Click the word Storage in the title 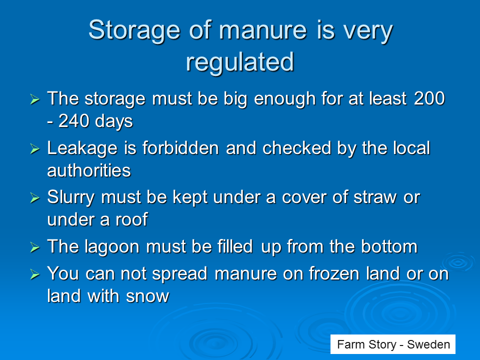(x=134, y=31)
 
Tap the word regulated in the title (x=240, y=62)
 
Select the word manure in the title (x=262, y=30)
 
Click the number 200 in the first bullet (x=429, y=98)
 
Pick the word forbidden (x=180, y=148)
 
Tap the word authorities (x=89, y=170)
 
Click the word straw (x=375, y=198)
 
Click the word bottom (x=389, y=246)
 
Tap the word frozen (x=334, y=273)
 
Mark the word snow (x=147, y=296)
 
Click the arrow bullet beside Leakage (x=35, y=149)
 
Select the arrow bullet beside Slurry (x=35, y=198)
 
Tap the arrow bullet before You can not (x=35, y=274)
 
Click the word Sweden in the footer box (x=428, y=344)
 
